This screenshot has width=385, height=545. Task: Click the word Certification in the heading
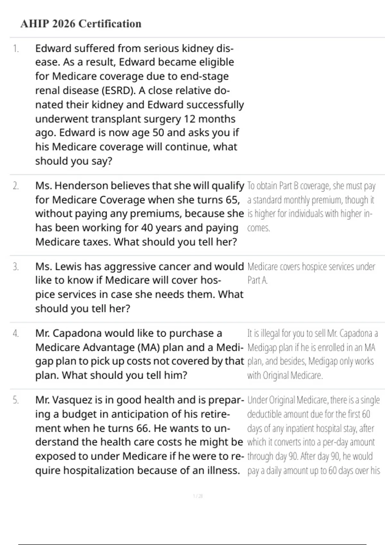pyautogui.click(x=110, y=24)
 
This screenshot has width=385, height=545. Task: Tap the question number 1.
pyautogui.click(x=16, y=49)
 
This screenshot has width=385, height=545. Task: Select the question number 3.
pyautogui.click(x=16, y=267)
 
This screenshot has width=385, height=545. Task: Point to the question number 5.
pyautogui.click(x=16, y=400)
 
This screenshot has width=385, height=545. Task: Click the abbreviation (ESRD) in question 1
pyautogui.click(x=119, y=91)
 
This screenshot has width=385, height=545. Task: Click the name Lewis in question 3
pyautogui.click(x=66, y=267)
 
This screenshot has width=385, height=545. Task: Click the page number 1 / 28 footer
pyautogui.click(x=198, y=496)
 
